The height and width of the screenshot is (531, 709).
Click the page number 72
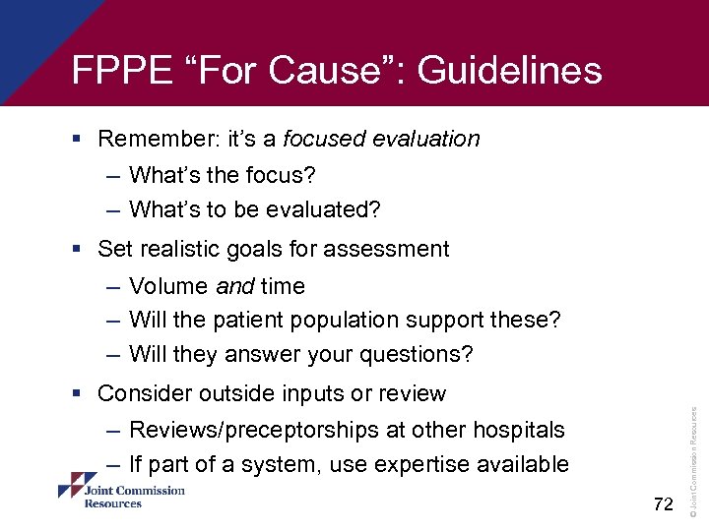664,504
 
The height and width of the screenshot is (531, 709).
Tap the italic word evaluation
425,139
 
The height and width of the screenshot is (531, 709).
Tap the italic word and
235,286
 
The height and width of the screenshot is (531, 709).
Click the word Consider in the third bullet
145,394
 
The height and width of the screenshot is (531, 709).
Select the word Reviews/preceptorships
249,431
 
